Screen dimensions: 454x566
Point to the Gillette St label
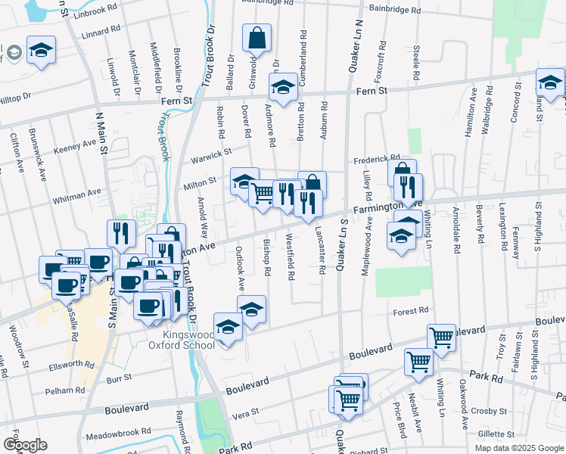496,434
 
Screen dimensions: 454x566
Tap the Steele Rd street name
417,64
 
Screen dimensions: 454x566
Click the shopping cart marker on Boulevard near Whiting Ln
441,337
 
